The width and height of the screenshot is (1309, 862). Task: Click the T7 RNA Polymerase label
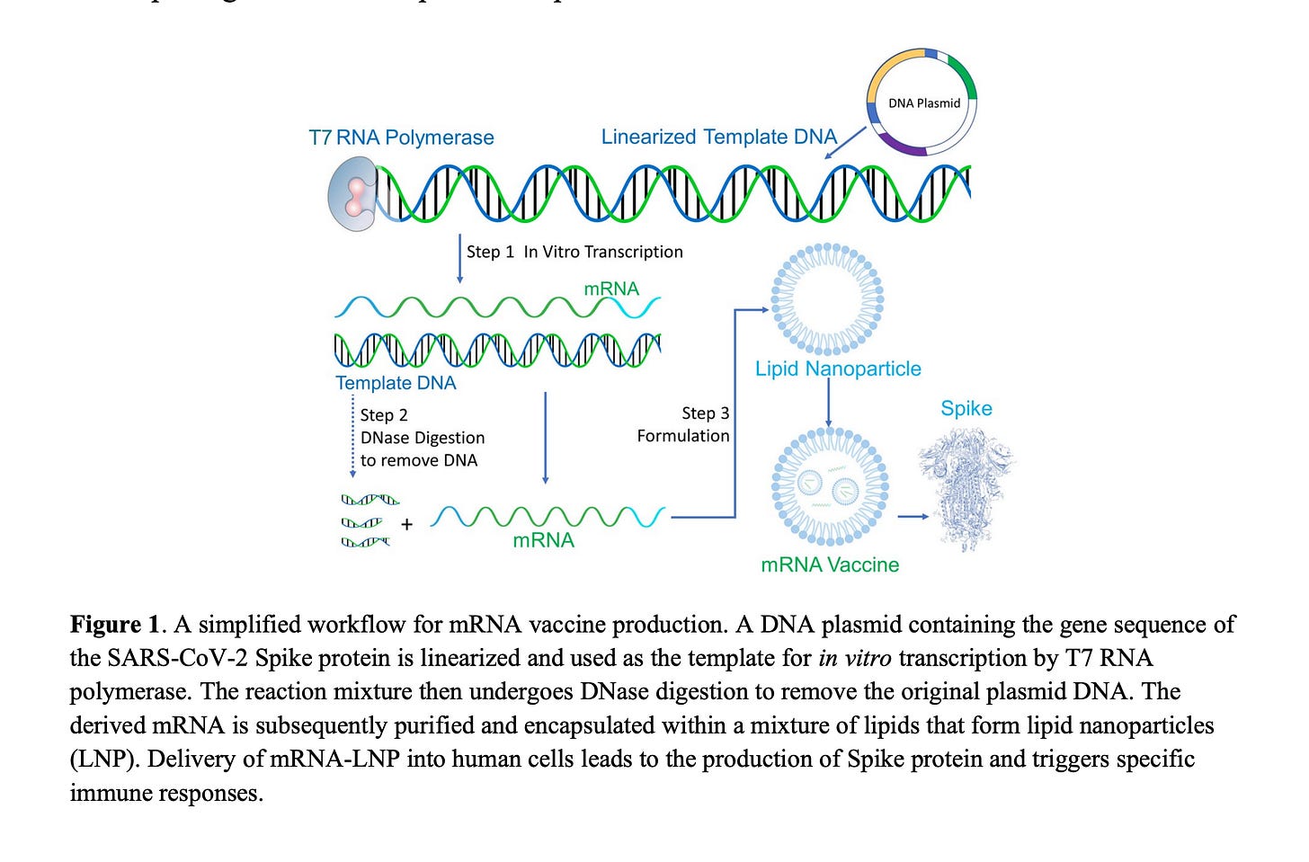pyautogui.click(x=401, y=138)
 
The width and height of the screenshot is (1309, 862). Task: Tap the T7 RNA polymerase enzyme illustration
pyautogui.click(x=352, y=194)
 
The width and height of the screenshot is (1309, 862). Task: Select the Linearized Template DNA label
pyautogui.click(x=718, y=137)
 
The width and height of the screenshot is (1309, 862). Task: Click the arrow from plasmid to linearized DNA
pyautogui.click(x=845, y=143)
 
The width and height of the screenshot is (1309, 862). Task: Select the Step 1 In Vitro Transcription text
pyautogui.click(x=574, y=252)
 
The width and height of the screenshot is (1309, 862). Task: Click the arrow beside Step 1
pyautogui.click(x=460, y=259)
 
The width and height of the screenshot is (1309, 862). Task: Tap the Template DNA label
pyautogui.click(x=396, y=383)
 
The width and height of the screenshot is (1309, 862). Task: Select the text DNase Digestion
pyautogui.click(x=423, y=438)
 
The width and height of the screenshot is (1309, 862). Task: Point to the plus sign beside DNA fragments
pyautogui.click(x=406, y=524)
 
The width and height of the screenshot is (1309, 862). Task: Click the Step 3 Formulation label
pyautogui.click(x=684, y=424)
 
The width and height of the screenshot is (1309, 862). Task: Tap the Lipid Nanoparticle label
pyautogui.click(x=838, y=369)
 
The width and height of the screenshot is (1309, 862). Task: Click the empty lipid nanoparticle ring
pyautogui.click(x=828, y=298)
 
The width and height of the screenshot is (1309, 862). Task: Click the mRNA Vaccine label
pyautogui.click(x=830, y=564)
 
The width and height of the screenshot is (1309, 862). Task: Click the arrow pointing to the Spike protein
pyautogui.click(x=913, y=516)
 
